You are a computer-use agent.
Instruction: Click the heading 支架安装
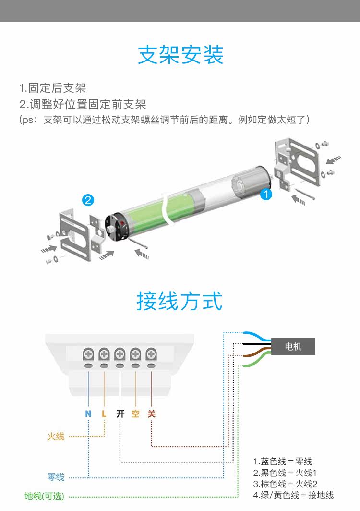180,55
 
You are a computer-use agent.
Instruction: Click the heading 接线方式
180,301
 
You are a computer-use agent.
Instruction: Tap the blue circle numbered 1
266,195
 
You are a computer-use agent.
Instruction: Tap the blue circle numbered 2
88,200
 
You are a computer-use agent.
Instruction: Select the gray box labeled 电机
293,346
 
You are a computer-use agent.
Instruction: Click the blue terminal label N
88,414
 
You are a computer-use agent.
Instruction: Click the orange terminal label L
104,414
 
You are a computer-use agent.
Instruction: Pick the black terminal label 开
120,414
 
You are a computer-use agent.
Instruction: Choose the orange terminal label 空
136,414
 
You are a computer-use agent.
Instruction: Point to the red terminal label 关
152,414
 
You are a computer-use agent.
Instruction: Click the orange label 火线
56,437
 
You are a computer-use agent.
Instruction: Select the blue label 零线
56,477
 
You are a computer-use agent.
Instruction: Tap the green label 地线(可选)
44,496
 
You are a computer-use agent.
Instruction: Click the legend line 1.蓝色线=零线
283,461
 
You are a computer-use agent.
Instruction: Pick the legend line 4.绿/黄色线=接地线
293,495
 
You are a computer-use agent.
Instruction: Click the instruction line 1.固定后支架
53,88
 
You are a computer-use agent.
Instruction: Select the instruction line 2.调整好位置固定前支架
83,104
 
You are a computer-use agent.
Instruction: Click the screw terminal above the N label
88,354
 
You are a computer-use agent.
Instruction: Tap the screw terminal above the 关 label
151,354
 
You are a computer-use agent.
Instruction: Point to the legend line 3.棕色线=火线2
285,484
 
